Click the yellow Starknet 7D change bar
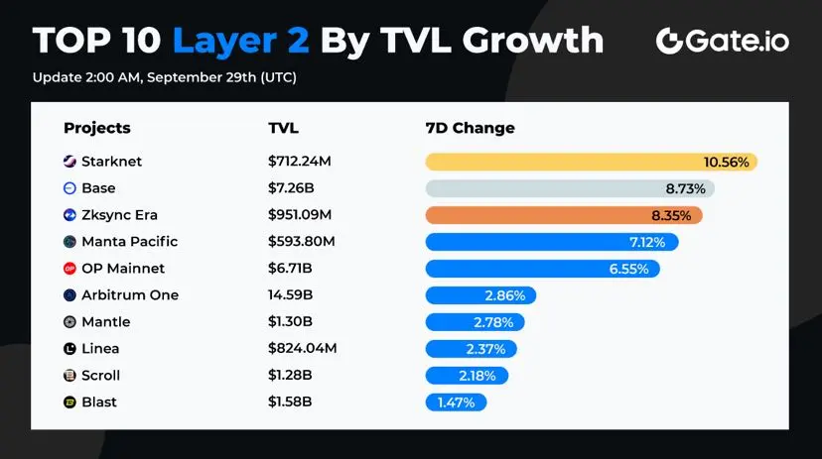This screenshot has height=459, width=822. point(591,162)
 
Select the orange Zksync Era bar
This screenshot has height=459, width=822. point(563,215)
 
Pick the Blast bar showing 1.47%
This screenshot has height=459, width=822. point(456,402)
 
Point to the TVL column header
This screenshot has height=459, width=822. point(283,128)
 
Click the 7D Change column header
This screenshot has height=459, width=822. point(470,128)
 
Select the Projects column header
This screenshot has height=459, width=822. point(97,128)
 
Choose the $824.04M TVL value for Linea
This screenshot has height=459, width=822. point(302,348)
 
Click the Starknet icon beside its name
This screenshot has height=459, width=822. point(69,162)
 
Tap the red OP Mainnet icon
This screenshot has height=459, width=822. point(69,269)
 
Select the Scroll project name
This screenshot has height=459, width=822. point(100,375)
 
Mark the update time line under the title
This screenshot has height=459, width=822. point(164,77)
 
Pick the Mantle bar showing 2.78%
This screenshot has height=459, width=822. point(475,321)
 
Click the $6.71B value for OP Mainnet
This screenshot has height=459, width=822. point(290,269)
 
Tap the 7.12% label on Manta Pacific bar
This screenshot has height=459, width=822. point(650,242)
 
